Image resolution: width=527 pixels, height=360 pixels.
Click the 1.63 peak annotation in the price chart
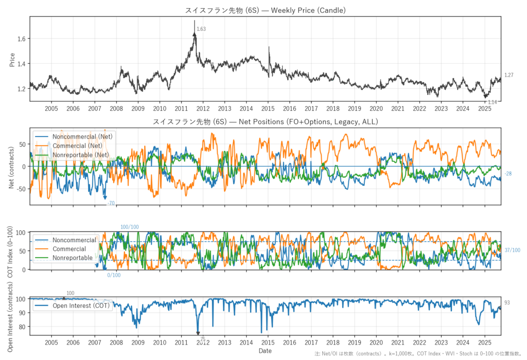pyautogui.click(x=201, y=29)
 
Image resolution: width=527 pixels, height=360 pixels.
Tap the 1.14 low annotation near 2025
pyautogui.click(x=492, y=102)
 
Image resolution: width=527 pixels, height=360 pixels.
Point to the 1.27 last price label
pyautogui.click(x=509, y=75)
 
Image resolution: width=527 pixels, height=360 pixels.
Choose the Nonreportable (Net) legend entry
pyautogui.click(x=84, y=155)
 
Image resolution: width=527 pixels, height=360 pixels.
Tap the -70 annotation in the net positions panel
pyautogui.click(x=110, y=203)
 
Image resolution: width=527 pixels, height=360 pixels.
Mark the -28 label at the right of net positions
pyautogui.click(x=508, y=174)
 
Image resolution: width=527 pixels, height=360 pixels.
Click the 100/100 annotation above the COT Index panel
pyautogui.click(x=129, y=227)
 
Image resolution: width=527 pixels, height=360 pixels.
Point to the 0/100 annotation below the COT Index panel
pyautogui.click(x=114, y=275)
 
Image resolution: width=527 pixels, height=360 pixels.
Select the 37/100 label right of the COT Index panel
pyautogui.click(x=512, y=250)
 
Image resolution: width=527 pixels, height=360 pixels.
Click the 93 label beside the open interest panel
pyautogui.click(x=507, y=303)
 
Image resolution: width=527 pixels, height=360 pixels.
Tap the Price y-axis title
pyautogui.click(x=12, y=59)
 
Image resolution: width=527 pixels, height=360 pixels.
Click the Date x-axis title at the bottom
pyautogui.click(x=265, y=351)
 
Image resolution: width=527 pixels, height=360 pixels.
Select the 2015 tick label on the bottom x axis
pyautogui.click(x=268, y=342)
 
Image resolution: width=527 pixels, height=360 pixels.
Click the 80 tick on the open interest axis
pyautogui.click(x=21, y=327)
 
